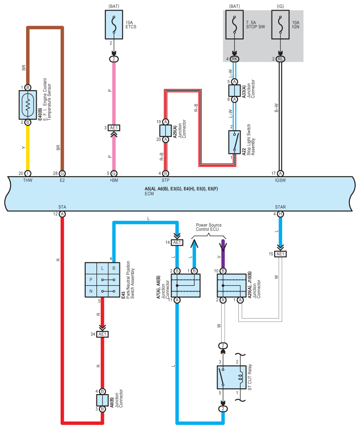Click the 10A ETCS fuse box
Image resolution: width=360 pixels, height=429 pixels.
(x=114, y=25)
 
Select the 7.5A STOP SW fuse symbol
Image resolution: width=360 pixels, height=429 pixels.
(x=234, y=25)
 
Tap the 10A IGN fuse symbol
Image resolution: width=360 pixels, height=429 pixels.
(x=280, y=25)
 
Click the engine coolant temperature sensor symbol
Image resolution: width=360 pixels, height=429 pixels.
(x=28, y=105)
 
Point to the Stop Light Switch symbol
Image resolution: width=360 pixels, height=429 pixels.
(x=234, y=142)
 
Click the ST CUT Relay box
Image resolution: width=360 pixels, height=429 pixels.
(x=231, y=377)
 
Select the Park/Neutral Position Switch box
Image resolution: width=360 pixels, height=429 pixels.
(x=103, y=280)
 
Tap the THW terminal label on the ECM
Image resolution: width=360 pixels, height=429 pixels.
(x=28, y=180)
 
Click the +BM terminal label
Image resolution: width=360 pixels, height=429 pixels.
(x=114, y=180)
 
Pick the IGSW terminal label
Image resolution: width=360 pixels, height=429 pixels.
(x=280, y=180)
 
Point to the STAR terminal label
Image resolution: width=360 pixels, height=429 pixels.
(x=280, y=207)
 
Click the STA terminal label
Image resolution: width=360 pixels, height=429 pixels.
(x=62, y=207)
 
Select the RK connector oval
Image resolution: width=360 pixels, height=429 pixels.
(x=234, y=59)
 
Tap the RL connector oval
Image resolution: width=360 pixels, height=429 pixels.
(x=280, y=59)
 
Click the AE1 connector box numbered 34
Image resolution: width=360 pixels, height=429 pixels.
(x=102, y=334)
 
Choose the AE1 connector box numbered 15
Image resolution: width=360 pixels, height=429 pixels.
(x=280, y=254)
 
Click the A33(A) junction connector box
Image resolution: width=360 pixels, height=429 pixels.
(x=234, y=91)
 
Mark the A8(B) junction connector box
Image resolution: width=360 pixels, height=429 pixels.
(x=102, y=400)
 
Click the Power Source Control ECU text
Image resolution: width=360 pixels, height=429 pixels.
(x=208, y=227)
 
